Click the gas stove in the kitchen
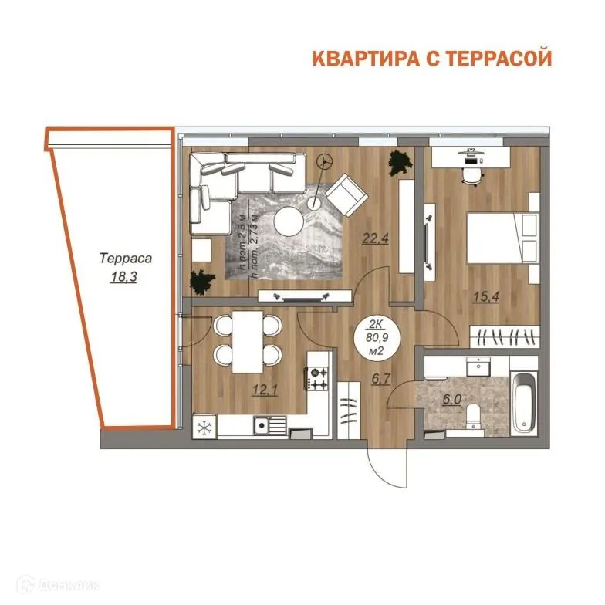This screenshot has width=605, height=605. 319,377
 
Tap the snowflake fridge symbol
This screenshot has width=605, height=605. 204,427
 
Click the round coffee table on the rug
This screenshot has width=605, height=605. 291,222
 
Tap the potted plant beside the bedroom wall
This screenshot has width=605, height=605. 399,164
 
